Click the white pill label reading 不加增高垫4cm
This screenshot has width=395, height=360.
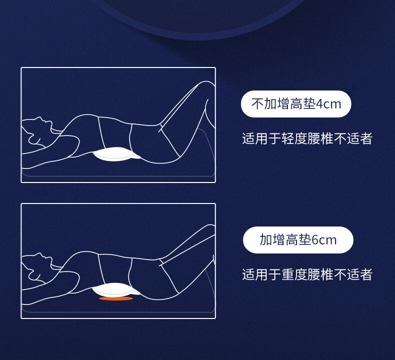click(x=296, y=104)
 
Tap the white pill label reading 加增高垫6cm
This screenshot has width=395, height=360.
click(x=298, y=240)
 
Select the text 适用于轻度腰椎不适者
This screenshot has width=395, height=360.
click(x=307, y=138)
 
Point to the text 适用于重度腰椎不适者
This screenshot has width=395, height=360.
click(x=307, y=274)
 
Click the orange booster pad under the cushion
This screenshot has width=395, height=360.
click(x=116, y=298)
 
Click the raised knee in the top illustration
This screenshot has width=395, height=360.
click(x=206, y=84)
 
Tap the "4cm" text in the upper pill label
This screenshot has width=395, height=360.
click(x=328, y=104)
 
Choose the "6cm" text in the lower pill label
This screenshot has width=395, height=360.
click(x=324, y=240)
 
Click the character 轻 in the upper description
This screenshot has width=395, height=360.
click(x=287, y=138)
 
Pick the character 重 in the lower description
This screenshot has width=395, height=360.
click(x=287, y=274)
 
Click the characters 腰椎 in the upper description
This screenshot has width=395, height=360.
click(x=320, y=138)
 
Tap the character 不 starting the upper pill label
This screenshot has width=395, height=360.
click(x=257, y=104)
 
